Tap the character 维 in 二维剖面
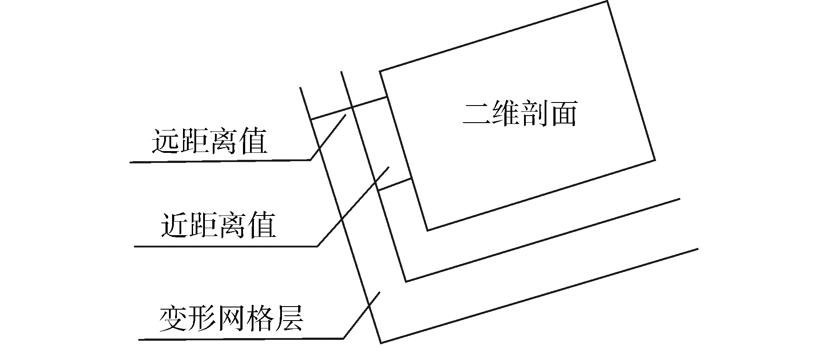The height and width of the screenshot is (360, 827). click(x=506, y=115)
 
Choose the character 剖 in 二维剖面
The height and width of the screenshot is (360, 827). click(x=535, y=115)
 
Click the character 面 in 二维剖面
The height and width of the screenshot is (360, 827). click(x=563, y=115)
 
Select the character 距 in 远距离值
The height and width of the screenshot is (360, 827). click(x=195, y=141)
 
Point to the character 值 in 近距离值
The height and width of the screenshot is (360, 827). click(x=262, y=225)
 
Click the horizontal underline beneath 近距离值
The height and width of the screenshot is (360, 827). click(x=225, y=246)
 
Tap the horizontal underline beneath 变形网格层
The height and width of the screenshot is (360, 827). click(x=241, y=339)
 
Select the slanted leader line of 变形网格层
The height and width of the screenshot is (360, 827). click(x=362, y=314)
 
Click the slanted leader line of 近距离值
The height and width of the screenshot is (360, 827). click(x=353, y=206)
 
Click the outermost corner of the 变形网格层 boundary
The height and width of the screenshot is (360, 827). click(x=381, y=342)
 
